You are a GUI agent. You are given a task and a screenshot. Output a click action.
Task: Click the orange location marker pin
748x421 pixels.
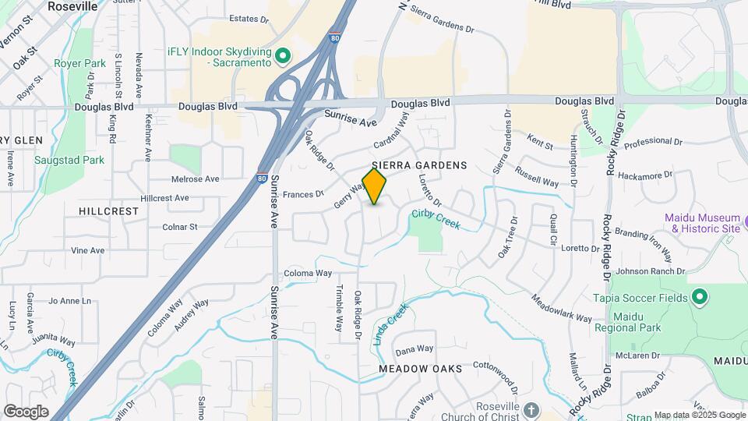375,186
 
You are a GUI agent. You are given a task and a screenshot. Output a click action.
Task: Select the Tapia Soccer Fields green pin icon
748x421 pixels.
699,297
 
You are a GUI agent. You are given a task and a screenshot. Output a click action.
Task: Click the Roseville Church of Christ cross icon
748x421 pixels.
531,409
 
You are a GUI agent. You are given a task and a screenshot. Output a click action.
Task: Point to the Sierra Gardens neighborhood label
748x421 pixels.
419,165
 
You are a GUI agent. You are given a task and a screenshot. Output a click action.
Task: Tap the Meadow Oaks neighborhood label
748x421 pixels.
421,368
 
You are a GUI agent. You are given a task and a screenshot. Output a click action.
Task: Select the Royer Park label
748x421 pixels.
80,63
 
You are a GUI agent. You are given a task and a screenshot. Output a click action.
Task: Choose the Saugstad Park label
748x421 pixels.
69,160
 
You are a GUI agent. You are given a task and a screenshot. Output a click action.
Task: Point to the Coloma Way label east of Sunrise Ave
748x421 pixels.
308,274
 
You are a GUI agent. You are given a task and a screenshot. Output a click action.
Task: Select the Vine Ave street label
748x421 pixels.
87,250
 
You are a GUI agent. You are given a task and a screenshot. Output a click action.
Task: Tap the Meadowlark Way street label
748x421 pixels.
562,308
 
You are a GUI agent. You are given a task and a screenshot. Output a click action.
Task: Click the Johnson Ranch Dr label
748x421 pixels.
651,271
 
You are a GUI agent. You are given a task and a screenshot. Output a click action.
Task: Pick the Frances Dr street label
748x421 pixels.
303,194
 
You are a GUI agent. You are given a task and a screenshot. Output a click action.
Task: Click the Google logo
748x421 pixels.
26,412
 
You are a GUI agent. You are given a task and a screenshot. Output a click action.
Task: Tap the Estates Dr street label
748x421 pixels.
249,19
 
